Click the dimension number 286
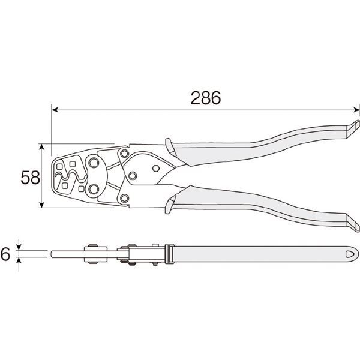coord(206,98)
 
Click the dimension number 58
coord(31,178)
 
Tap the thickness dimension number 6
coord(5,254)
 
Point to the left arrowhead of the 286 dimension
coord(55,110)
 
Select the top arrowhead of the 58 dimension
coord(41,147)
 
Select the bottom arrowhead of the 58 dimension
coord(41,205)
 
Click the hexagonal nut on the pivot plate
coord(156,168)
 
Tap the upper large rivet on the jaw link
coord(94,163)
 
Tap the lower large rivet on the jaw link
coord(94,190)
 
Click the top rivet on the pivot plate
coord(124,154)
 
